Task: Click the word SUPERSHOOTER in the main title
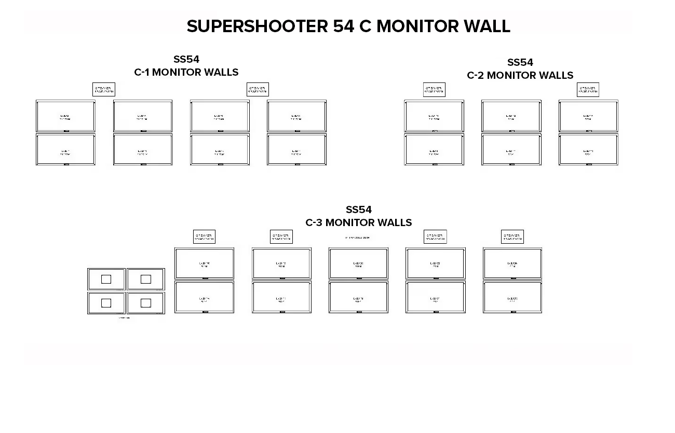[x=258, y=26]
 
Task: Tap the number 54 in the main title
[x=344, y=26]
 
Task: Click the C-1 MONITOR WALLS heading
[x=186, y=72]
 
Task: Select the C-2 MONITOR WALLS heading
[x=520, y=75]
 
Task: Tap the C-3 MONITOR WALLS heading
[x=358, y=222]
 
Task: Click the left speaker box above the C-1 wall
[x=104, y=89]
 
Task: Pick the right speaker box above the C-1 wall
[x=258, y=89]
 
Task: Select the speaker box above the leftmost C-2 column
[x=434, y=89]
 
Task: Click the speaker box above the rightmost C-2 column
[x=588, y=89]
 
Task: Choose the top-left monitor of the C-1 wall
[x=65, y=116]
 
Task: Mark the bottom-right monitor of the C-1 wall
[x=296, y=150]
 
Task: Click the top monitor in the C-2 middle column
[x=511, y=116]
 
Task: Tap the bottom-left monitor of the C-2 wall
[x=434, y=150]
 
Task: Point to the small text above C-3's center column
[x=358, y=238]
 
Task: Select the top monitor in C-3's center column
[x=358, y=263]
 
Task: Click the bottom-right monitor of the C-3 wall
[x=512, y=297]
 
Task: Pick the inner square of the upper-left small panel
[x=106, y=280]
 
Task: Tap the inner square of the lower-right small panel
[x=146, y=303]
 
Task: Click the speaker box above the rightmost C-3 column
[x=512, y=236]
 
